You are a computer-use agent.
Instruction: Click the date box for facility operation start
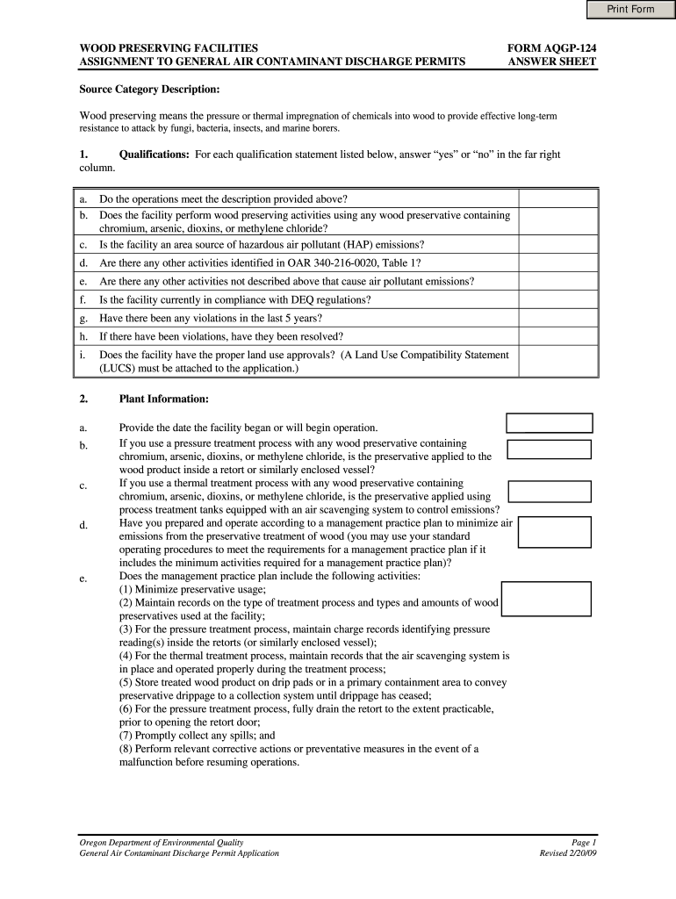(x=550, y=423)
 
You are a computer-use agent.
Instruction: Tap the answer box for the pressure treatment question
(x=550, y=449)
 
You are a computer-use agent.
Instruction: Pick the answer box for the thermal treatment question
(x=550, y=491)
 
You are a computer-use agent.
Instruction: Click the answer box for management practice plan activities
(x=546, y=598)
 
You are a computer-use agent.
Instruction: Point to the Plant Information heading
(x=163, y=399)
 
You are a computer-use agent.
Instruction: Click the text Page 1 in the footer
(x=584, y=841)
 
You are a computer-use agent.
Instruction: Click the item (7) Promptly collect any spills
(x=197, y=736)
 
